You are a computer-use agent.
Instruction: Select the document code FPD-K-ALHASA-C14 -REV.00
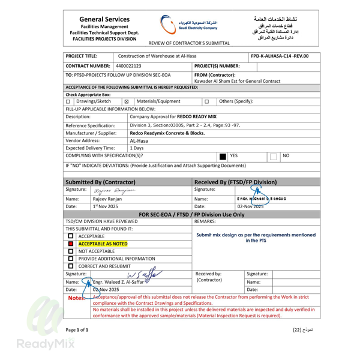pos(281,56)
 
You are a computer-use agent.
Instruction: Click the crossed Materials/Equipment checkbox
pos(127,101)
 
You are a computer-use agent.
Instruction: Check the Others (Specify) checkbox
pos(207,101)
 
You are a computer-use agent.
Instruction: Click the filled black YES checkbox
pos(223,155)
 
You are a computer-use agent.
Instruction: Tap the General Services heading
pos(104,19)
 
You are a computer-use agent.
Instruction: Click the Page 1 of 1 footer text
pos(76,330)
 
